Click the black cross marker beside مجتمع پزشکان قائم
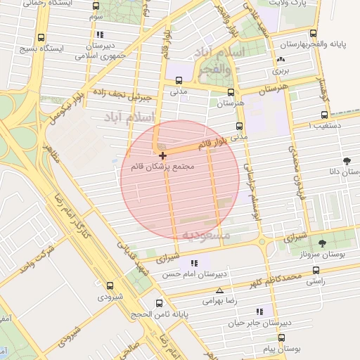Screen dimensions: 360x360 (162, 155)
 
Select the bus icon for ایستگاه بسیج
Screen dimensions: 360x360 (41, 37)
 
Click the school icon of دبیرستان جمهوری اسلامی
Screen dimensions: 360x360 (101, 34)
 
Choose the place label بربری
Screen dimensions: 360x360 (281, 70)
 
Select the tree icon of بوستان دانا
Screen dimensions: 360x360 (346, 161)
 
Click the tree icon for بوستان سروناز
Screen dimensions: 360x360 (322, 243)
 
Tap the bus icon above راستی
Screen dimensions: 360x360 (316, 269)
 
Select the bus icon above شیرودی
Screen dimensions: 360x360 (110, 285)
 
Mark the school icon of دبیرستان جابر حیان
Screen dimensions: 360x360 (259, 311)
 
